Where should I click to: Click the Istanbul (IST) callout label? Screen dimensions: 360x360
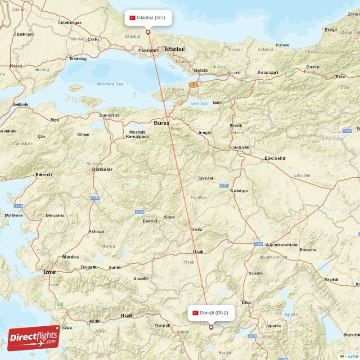tap(148, 18)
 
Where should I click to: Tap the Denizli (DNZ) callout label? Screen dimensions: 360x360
tap(211, 313)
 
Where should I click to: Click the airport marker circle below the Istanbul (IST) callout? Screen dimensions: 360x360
tap(148, 32)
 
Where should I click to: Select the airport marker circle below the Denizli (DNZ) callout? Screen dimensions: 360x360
tap(211, 327)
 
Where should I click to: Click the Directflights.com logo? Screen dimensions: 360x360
tap(33, 338)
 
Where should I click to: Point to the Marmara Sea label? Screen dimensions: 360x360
tap(110, 84)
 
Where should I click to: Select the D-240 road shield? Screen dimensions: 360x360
tap(139, 212)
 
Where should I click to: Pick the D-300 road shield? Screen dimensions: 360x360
tap(258, 244)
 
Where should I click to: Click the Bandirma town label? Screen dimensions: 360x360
tap(110, 115)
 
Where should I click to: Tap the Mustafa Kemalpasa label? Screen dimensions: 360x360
tap(137, 134)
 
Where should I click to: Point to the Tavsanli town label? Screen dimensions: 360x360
tap(206, 178)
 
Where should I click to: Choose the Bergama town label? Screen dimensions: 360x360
tap(55, 216)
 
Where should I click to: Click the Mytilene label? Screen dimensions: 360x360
tap(13, 215)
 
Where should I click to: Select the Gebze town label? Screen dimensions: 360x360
tap(201, 71)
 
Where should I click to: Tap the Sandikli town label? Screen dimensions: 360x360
tap(256, 273)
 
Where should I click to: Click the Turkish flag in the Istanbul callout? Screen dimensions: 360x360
tap(132, 18)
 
